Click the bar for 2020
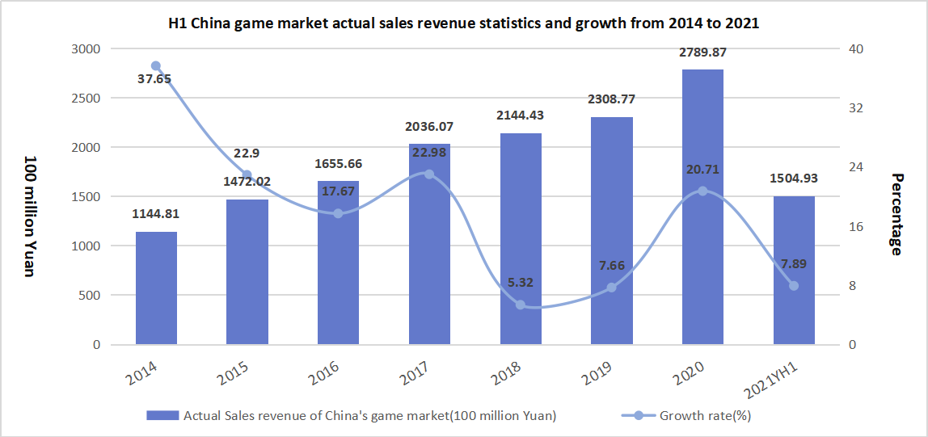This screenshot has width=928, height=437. click(x=702, y=242)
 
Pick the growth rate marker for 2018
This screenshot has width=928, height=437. click(x=521, y=305)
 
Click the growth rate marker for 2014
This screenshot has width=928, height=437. click(x=156, y=66)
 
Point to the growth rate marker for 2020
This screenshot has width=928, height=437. click(x=702, y=191)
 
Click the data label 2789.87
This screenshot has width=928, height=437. click(x=702, y=53)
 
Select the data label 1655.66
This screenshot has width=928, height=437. click(x=338, y=164)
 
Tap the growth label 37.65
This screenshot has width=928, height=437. click(x=154, y=79)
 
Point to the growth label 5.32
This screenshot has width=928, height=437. click(x=521, y=283)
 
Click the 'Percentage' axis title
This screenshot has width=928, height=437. click(x=896, y=214)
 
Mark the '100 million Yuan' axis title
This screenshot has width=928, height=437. click(x=29, y=216)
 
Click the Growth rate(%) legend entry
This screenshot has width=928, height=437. click(x=686, y=416)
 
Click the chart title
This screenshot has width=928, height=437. click(x=463, y=23)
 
